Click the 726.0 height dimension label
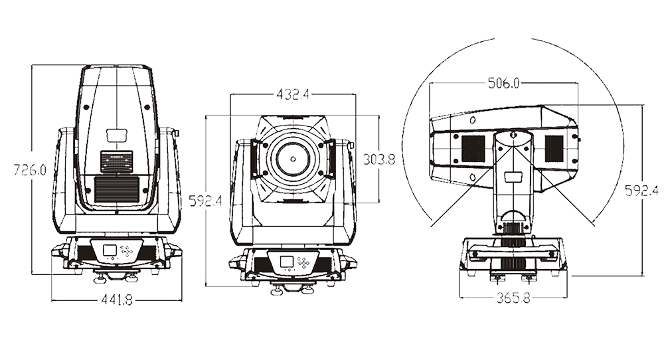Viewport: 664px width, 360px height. tap(30, 170)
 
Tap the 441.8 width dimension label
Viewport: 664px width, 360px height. tap(117, 300)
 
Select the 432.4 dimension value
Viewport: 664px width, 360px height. tap(293, 94)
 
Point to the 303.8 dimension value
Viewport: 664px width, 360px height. tap(379, 159)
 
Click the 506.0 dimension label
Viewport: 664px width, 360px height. tap(503, 83)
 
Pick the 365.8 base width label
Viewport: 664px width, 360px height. tap(513, 298)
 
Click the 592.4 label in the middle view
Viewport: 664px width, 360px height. tap(205, 201)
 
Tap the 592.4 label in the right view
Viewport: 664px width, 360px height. tap(641, 191)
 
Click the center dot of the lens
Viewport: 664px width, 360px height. tap(293, 159)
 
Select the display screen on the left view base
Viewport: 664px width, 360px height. tap(110, 250)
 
